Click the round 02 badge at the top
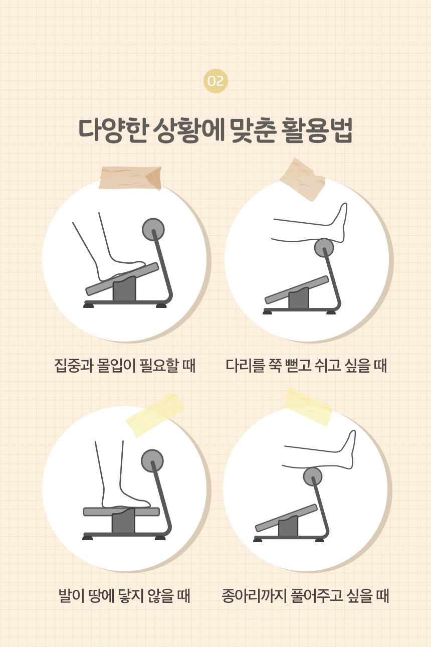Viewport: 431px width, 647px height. point(215,81)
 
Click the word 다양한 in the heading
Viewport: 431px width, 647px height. point(113,130)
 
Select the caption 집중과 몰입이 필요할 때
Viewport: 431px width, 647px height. point(125,366)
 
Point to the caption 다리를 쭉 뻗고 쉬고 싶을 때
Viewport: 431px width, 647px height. point(306,366)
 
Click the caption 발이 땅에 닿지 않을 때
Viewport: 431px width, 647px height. point(124,596)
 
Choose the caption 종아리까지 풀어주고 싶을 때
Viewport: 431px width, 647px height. point(305,596)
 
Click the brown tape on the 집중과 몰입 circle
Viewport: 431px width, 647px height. point(130,178)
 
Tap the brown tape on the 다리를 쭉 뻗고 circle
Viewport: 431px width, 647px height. point(302,179)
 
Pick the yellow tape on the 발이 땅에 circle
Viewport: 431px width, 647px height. point(155,415)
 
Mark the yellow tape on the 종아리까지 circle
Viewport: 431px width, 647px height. point(307,407)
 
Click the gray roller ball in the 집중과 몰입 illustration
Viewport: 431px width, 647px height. point(153,229)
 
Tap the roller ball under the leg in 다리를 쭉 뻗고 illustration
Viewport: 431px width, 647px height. point(324,248)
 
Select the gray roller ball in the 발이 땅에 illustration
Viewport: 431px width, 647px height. point(152,461)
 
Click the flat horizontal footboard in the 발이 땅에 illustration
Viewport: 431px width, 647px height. point(121,512)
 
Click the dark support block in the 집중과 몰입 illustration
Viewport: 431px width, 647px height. point(124,289)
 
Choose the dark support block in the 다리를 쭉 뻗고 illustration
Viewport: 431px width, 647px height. point(299,298)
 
